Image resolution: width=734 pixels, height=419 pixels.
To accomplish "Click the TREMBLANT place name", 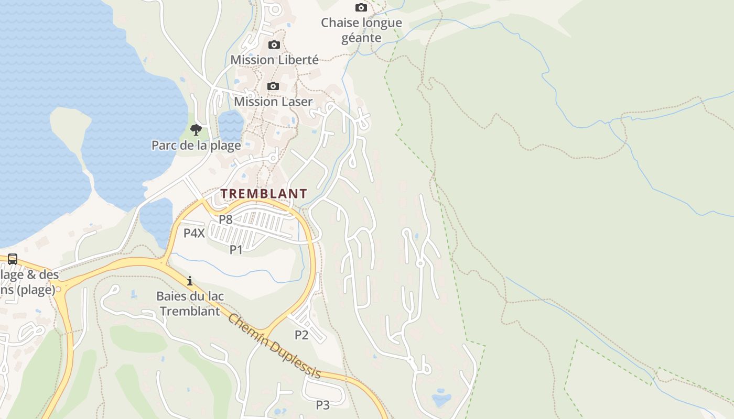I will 263,194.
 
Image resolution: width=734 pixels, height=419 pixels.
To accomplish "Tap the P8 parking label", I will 225,219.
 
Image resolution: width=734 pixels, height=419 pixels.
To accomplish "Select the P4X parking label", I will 194,233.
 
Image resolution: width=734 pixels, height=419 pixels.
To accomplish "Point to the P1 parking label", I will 236,250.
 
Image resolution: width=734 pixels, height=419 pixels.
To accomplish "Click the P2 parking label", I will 301,335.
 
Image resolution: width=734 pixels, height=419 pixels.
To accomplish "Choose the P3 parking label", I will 322,405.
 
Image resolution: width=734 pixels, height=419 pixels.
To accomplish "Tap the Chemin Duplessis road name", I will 274,346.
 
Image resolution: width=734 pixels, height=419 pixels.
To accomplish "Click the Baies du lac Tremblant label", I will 190,303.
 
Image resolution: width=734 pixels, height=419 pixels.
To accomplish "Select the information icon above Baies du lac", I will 190,281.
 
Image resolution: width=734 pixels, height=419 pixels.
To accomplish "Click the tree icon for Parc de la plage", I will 196,129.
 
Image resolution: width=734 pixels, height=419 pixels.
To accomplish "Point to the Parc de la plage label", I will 196,145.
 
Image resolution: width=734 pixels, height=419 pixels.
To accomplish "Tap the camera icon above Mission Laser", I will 273,86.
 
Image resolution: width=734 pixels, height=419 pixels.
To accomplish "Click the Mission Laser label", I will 273,102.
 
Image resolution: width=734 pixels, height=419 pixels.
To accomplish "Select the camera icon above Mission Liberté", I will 274,45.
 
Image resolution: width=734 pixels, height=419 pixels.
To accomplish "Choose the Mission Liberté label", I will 274,60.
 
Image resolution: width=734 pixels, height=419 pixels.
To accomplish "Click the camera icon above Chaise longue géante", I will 361,7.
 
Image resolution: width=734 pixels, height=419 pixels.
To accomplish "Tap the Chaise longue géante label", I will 361,30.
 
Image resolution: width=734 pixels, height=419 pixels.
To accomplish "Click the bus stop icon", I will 13,259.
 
